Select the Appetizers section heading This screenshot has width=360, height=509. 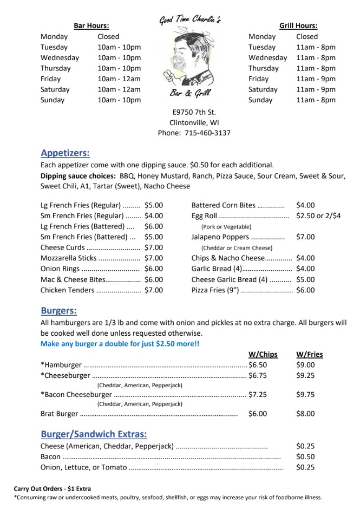[65, 153]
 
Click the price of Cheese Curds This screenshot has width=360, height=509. [153, 247]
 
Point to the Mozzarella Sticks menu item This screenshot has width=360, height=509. [65, 258]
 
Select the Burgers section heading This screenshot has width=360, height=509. [58, 310]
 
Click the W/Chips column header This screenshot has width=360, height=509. [263, 354]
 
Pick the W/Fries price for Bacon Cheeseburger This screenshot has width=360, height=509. [305, 394]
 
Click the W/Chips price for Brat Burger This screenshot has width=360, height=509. [258, 414]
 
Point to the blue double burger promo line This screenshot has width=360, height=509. [119, 343]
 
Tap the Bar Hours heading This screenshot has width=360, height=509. [91, 25]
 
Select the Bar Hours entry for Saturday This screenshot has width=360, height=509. [119, 89]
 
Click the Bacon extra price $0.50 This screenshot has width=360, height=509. [305, 456]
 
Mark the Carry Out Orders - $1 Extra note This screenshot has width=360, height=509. [53, 488]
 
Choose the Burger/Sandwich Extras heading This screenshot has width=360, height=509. [93, 434]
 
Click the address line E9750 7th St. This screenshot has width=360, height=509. [194, 112]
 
